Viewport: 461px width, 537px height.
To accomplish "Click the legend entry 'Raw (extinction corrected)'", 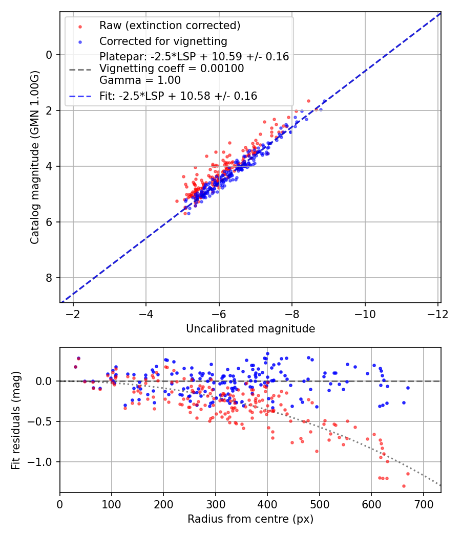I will tap(170, 25).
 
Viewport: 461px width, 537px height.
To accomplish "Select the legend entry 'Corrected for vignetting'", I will tap(163, 41).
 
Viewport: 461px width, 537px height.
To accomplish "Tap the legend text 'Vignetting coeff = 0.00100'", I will tap(172, 69).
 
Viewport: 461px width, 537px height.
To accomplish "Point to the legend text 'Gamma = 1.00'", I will tap(140, 80).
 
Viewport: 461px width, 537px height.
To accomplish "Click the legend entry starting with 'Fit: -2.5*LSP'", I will tap(178, 96).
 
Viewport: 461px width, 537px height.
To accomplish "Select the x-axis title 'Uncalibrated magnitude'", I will tap(250, 328).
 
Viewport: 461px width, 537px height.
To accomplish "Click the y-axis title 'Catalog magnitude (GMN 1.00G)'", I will tap(34, 158).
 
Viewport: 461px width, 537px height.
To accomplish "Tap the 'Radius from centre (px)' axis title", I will tap(250, 519).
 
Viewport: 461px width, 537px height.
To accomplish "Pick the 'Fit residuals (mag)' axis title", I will tap(16, 420).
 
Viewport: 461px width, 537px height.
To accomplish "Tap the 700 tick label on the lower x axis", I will tap(423, 504).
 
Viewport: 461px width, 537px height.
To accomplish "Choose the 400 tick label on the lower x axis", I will tap(267, 504).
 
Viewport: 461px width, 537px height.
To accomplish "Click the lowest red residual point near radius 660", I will tap(404, 486).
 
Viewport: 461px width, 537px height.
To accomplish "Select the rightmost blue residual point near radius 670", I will tap(408, 388).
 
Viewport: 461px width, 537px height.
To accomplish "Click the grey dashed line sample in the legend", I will tap(80, 69).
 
